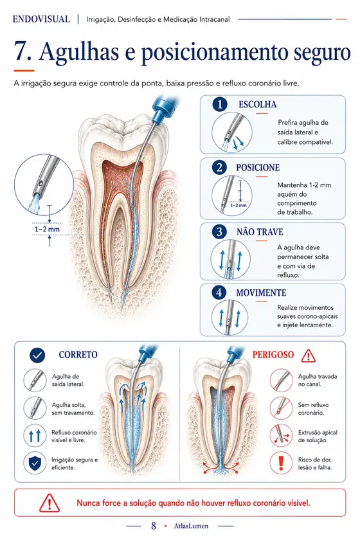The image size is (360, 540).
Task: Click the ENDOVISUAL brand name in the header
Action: click(x=41, y=19)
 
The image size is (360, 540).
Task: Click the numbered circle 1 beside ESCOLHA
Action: click(x=220, y=104)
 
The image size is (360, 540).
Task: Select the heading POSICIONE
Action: click(x=258, y=168)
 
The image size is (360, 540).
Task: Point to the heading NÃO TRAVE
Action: click(x=260, y=232)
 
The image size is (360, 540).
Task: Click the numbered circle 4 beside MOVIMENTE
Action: click(x=219, y=292)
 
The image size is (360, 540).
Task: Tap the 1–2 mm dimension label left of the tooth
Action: click(x=47, y=229)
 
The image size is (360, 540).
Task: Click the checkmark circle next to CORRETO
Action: click(x=37, y=355)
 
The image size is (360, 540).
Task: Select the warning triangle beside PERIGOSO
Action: click(x=309, y=355)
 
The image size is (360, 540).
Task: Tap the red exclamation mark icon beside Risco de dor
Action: click(x=281, y=463)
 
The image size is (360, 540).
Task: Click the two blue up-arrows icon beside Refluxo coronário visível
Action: click(x=35, y=436)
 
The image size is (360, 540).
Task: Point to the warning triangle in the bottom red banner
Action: click(x=50, y=503)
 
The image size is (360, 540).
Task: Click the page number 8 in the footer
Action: click(x=154, y=526)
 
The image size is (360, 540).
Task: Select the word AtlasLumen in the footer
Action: click(x=191, y=526)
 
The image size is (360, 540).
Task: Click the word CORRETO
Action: click(x=78, y=355)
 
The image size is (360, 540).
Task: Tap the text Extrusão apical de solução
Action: click(x=318, y=437)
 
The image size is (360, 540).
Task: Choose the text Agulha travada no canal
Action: click(x=318, y=380)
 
